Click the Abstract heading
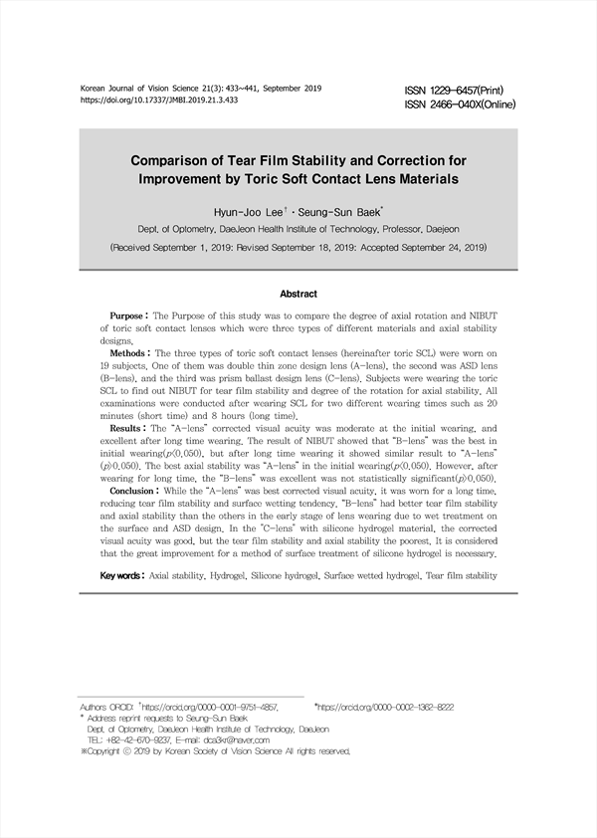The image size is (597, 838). point(298,294)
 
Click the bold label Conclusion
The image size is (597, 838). point(134,491)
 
